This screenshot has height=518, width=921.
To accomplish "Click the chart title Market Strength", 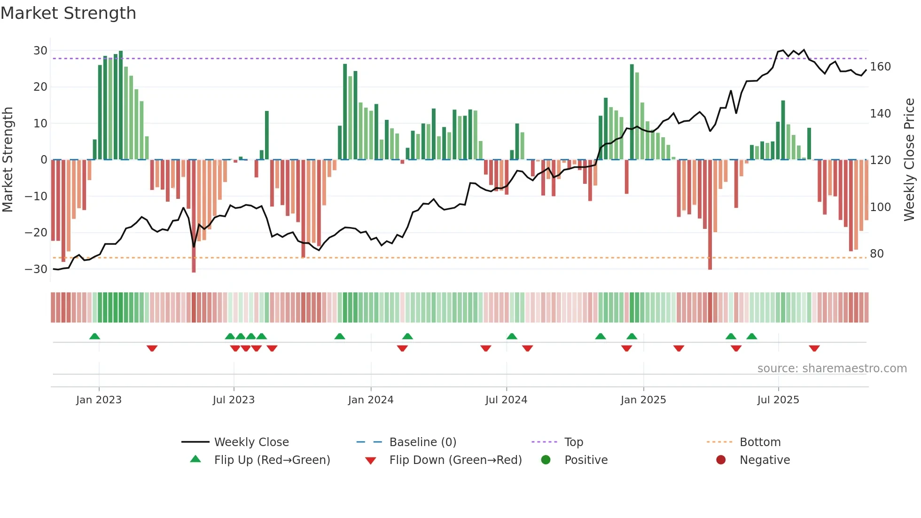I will (x=68, y=13).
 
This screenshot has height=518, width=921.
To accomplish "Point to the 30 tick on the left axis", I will (x=40, y=51).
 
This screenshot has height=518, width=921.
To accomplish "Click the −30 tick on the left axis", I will (x=36, y=269).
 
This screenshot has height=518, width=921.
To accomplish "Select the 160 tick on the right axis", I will (x=880, y=67).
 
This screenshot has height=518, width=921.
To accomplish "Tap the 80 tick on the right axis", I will (x=876, y=254).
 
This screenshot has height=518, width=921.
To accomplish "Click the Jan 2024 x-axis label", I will (x=370, y=400).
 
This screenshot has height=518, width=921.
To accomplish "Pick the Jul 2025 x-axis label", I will (x=778, y=400).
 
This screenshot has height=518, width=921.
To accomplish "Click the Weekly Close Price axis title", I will (x=909, y=160).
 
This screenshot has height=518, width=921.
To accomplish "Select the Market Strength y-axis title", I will (x=8, y=160).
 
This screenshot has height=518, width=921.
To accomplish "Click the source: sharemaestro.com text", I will (x=832, y=369).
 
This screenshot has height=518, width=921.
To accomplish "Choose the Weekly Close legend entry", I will (x=251, y=442).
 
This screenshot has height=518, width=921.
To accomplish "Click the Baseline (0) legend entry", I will (x=422, y=442).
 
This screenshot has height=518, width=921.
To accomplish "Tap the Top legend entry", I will (x=573, y=442).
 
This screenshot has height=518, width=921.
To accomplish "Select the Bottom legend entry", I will (x=760, y=442).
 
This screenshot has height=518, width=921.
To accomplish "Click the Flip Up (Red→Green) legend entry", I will (x=272, y=460).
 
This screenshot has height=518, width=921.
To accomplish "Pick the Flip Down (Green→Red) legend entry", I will (x=455, y=460).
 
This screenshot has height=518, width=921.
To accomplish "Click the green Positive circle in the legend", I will (x=546, y=460).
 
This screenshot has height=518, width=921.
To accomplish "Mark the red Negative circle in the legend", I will (x=721, y=460).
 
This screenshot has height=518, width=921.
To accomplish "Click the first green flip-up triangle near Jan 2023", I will (x=94, y=336).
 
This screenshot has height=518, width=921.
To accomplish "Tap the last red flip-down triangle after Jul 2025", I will (x=814, y=348).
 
